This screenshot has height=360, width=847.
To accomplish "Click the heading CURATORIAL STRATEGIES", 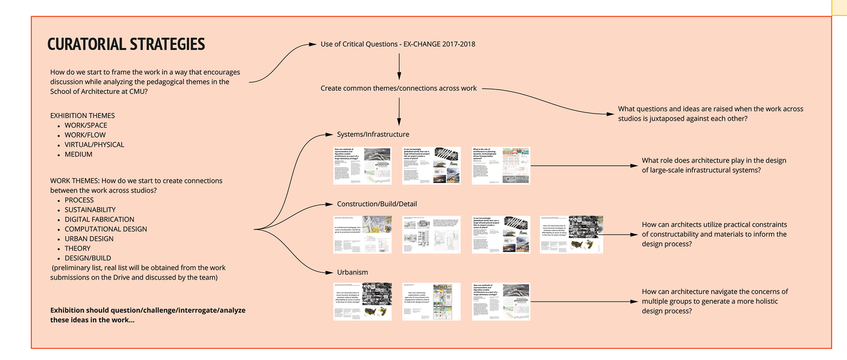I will (x=126, y=44).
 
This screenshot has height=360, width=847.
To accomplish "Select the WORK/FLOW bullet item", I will (x=85, y=135).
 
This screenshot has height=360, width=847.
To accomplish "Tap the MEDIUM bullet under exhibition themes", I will (x=79, y=154).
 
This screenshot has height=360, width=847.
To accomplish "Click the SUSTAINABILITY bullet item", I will (x=90, y=210).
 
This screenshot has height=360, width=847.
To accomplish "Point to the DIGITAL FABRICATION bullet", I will (x=99, y=219).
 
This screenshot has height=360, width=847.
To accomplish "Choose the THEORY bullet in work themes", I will (x=78, y=248).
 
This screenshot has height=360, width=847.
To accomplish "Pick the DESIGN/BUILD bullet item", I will (x=88, y=258).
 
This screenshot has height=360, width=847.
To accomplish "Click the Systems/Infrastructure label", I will (x=373, y=134).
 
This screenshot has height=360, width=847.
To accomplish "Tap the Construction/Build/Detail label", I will (x=377, y=204).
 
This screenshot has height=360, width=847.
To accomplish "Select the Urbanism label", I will (x=352, y=272).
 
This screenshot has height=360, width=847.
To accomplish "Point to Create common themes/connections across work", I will (x=398, y=88).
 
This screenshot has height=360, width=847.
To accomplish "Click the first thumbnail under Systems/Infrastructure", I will (x=362, y=166).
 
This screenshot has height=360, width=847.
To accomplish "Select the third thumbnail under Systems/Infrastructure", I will (x=501, y=166).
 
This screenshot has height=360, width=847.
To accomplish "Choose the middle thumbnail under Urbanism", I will (x=431, y=302).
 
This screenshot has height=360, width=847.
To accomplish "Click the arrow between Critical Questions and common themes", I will (x=399, y=66).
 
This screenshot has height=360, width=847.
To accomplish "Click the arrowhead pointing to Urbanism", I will (x=329, y=273).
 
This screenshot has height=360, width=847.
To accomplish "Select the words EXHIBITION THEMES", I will (x=82, y=116).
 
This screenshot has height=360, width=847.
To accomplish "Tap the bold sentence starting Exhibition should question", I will (x=148, y=315).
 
